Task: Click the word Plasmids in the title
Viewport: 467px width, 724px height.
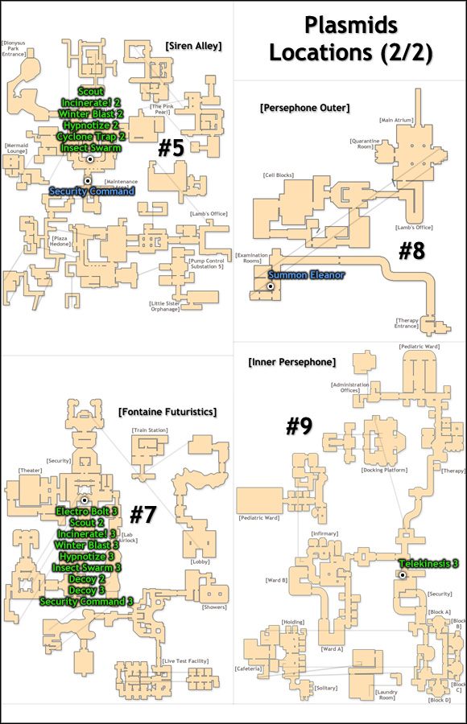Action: coord(349,26)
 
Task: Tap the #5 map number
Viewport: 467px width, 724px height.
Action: coord(172,149)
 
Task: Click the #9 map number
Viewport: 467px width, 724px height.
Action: coord(299,426)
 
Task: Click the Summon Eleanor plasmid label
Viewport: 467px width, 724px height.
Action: coord(306,275)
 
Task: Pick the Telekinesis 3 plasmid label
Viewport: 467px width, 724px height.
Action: coord(428,563)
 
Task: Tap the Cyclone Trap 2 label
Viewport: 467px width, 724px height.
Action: coord(91,137)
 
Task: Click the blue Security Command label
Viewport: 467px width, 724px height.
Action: coord(92,191)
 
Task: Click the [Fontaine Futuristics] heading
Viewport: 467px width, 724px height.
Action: coord(167,412)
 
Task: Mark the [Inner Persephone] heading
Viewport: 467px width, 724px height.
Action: coord(292,362)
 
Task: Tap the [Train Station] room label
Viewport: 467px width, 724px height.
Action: coord(150,430)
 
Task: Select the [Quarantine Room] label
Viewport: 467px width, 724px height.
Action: coord(366,144)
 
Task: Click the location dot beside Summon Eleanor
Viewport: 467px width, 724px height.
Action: coord(271,287)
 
